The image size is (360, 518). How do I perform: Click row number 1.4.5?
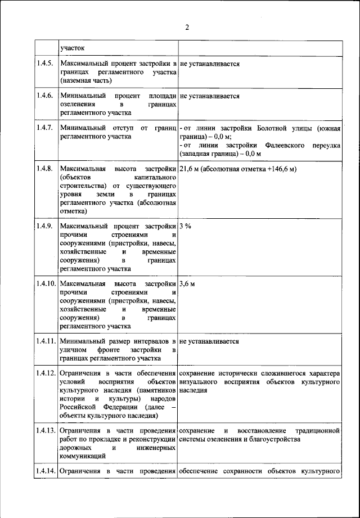pos(46,64)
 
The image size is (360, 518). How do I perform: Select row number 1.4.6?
pos(46,96)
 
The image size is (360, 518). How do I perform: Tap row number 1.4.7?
pos(46,128)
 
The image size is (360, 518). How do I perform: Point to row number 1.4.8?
pos(46,169)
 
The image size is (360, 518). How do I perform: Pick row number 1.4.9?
pos(46,226)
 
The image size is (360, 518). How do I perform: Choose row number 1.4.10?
pos(47,283)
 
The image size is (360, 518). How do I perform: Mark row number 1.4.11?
pos(47,341)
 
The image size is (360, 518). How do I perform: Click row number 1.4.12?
pos(47,373)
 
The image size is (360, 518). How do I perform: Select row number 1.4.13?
pos(47,430)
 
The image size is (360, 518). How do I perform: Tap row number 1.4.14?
pos(47,471)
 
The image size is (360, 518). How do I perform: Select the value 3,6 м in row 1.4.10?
pos(187,283)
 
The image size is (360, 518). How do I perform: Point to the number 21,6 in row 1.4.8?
pos(188,169)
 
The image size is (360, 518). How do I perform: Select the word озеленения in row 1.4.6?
pos(78,105)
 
